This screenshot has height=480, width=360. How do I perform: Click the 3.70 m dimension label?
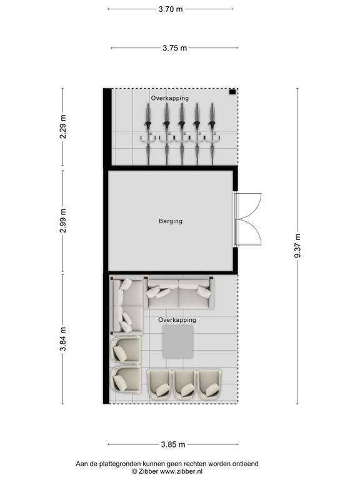(x=171, y=9)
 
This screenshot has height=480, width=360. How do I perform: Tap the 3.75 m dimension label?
(x=174, y=48)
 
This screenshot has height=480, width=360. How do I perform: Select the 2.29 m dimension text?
(x=63, y=128)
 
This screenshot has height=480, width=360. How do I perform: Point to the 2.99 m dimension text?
(x=63, y=221)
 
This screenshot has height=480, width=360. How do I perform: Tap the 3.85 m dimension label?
(x=172, y=444)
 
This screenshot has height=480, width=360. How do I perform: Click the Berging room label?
(x=170, y=221)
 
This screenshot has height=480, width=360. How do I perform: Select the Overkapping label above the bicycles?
(x=169, y=98)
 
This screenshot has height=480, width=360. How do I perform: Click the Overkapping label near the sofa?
(x=177, y=319)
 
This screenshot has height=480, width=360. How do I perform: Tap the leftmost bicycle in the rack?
(x=150, y=133)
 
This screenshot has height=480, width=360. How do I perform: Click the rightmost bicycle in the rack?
(x=212, y=133)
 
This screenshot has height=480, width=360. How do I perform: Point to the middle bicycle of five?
(x=182, y=133)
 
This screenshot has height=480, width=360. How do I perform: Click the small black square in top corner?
(x=232, y=92)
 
